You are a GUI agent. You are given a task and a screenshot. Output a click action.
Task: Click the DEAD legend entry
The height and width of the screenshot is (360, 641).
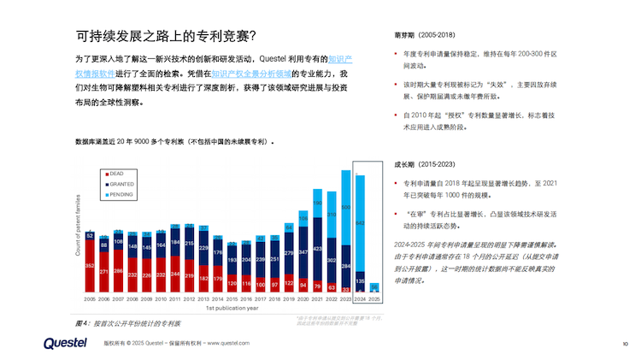(x=115, y=174)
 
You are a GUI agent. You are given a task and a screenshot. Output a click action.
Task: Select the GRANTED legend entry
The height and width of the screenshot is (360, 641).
(x=119, y=184)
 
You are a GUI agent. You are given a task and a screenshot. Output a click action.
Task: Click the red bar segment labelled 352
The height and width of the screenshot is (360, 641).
(x=90, y=267)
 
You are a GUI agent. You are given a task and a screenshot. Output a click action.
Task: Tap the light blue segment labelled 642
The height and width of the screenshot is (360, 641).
(x=361, y=223)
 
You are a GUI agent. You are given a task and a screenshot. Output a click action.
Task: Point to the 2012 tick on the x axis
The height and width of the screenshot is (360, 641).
(x=189, y=299)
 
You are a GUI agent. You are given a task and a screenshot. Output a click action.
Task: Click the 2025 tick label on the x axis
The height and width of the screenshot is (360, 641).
(x=374, y=299)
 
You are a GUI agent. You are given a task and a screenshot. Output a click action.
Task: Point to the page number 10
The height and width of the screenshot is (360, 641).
(x=625, y=344)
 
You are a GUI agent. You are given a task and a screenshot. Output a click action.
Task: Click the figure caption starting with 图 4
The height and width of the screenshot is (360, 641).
(x=127, y=323)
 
